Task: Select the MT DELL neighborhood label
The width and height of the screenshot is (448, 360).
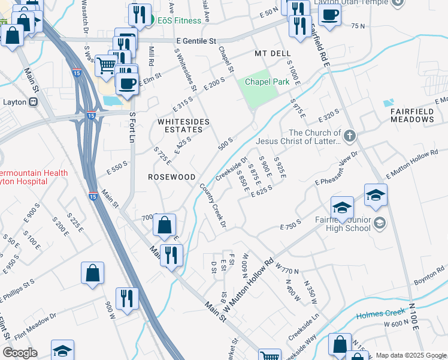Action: click(272, 54)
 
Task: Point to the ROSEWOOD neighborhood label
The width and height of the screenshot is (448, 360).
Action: click(172, 178)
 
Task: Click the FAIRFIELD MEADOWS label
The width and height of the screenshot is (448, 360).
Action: click(412, 115)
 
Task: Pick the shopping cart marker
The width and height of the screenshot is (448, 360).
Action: click(106, 64)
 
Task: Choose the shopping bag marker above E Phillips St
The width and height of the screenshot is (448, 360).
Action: click(93, 273)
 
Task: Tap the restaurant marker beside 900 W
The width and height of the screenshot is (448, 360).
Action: click(127, 298)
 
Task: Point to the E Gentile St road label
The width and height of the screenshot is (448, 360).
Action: click(196, 41)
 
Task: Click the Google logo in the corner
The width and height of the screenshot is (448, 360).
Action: click(20, 353)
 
